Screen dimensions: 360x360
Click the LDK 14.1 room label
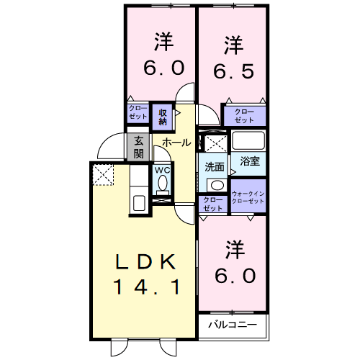(145, 274)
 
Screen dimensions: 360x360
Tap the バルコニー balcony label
(232, 325)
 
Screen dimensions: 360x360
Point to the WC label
(162, 170)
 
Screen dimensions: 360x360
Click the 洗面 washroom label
(214, 166)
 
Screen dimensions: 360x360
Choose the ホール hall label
(176, 143)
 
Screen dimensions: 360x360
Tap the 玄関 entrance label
(139, 147)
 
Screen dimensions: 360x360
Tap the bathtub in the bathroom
(249, 140)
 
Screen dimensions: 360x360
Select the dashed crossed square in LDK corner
(103, 174)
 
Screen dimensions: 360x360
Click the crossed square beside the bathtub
(214, 141)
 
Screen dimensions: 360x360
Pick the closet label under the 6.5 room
(244, 116)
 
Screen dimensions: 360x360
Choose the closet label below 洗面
(213, 204)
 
